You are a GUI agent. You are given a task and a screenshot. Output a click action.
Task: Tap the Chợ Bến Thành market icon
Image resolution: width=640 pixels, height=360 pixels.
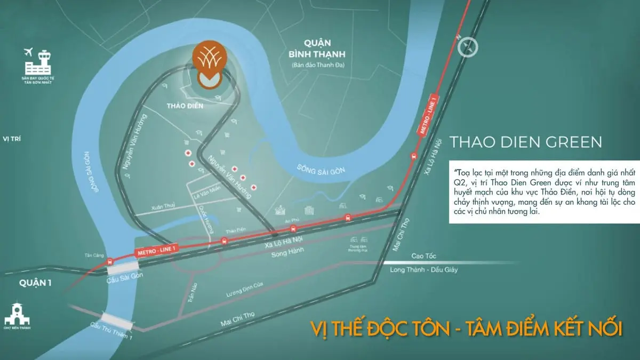pyautogui.click(x=15, y=315)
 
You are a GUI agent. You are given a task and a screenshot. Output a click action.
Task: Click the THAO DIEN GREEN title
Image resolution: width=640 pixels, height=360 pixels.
pyautogui.click(x=526, y=142)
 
